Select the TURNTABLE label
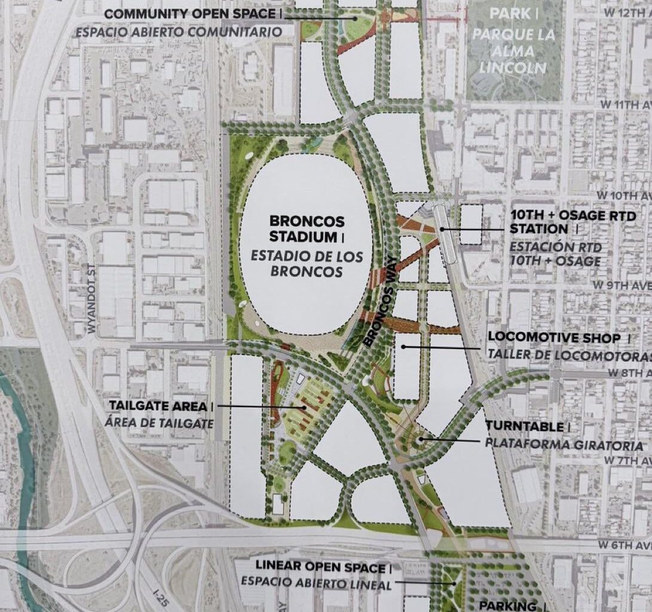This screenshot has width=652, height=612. [524, 427]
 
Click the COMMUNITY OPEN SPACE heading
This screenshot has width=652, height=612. [190, 14]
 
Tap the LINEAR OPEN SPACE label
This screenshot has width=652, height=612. [319, 566]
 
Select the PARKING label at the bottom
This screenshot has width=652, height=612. [507, 605]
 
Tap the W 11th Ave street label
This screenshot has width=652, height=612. [625, 104]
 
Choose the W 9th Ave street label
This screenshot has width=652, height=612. [627, 286]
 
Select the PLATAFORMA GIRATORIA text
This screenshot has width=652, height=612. [564, 445]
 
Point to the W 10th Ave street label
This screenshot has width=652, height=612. [624, 195]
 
